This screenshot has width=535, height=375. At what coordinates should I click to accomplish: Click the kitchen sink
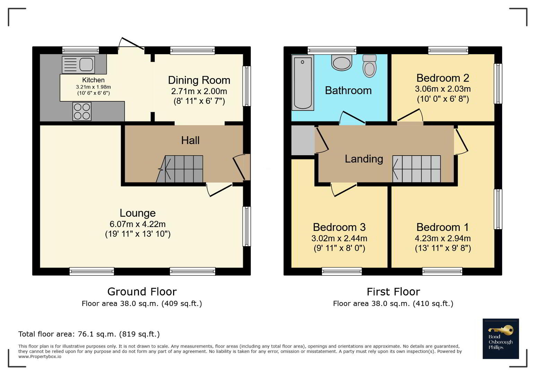[x=78, y=65]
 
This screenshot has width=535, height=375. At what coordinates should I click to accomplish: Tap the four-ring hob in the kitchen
[x=82, y=111]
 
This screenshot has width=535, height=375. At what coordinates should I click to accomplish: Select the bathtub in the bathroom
[x=303, y=83]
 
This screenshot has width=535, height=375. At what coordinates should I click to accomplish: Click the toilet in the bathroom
[x=369, y=66]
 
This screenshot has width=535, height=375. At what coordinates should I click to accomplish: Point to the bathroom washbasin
[x=342, y=62]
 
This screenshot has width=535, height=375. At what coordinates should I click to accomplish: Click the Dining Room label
[x=199, y=80]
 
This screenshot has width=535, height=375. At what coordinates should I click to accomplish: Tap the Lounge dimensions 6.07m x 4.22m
[x=138, y=224]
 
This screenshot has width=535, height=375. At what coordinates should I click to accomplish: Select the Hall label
[x=190, y=140]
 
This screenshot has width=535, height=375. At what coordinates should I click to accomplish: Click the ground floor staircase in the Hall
[x=180, y=169]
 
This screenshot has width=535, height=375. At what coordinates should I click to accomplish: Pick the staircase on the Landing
[x=416, y=169]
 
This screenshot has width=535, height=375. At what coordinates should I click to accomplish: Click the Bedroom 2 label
[x=442, y=78]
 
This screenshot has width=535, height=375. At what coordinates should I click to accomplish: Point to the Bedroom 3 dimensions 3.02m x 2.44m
[x=339, y=238]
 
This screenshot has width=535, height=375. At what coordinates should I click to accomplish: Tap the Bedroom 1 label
[x=442, y=227]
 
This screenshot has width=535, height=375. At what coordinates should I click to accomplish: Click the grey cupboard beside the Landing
[x=303, y=140]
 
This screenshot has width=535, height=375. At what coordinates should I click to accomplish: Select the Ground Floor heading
[x=142, y=292]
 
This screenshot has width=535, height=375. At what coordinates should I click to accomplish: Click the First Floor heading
[x=393, y=292]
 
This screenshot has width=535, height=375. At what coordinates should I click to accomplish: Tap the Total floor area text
[x=89, y=334]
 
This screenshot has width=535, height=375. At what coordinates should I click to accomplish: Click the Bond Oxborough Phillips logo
[x=501, y=339]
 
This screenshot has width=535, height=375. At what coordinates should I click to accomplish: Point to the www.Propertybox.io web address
[x=40, y=357]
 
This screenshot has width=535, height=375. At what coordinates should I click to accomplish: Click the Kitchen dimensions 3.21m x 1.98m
[x=93, y=87]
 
